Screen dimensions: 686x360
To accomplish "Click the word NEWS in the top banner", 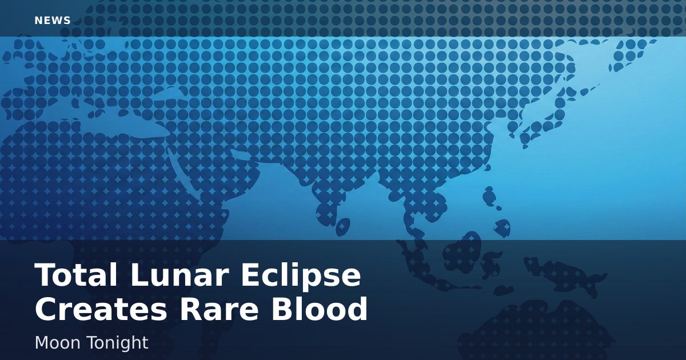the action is tap(53, 21).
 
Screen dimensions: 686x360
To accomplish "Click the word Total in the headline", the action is tap(76, 275).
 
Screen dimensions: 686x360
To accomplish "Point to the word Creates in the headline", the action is tap(101, 309).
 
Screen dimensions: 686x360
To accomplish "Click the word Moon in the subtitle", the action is tap(57, 342).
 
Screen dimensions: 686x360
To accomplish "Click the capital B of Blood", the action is tap(282, 309).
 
